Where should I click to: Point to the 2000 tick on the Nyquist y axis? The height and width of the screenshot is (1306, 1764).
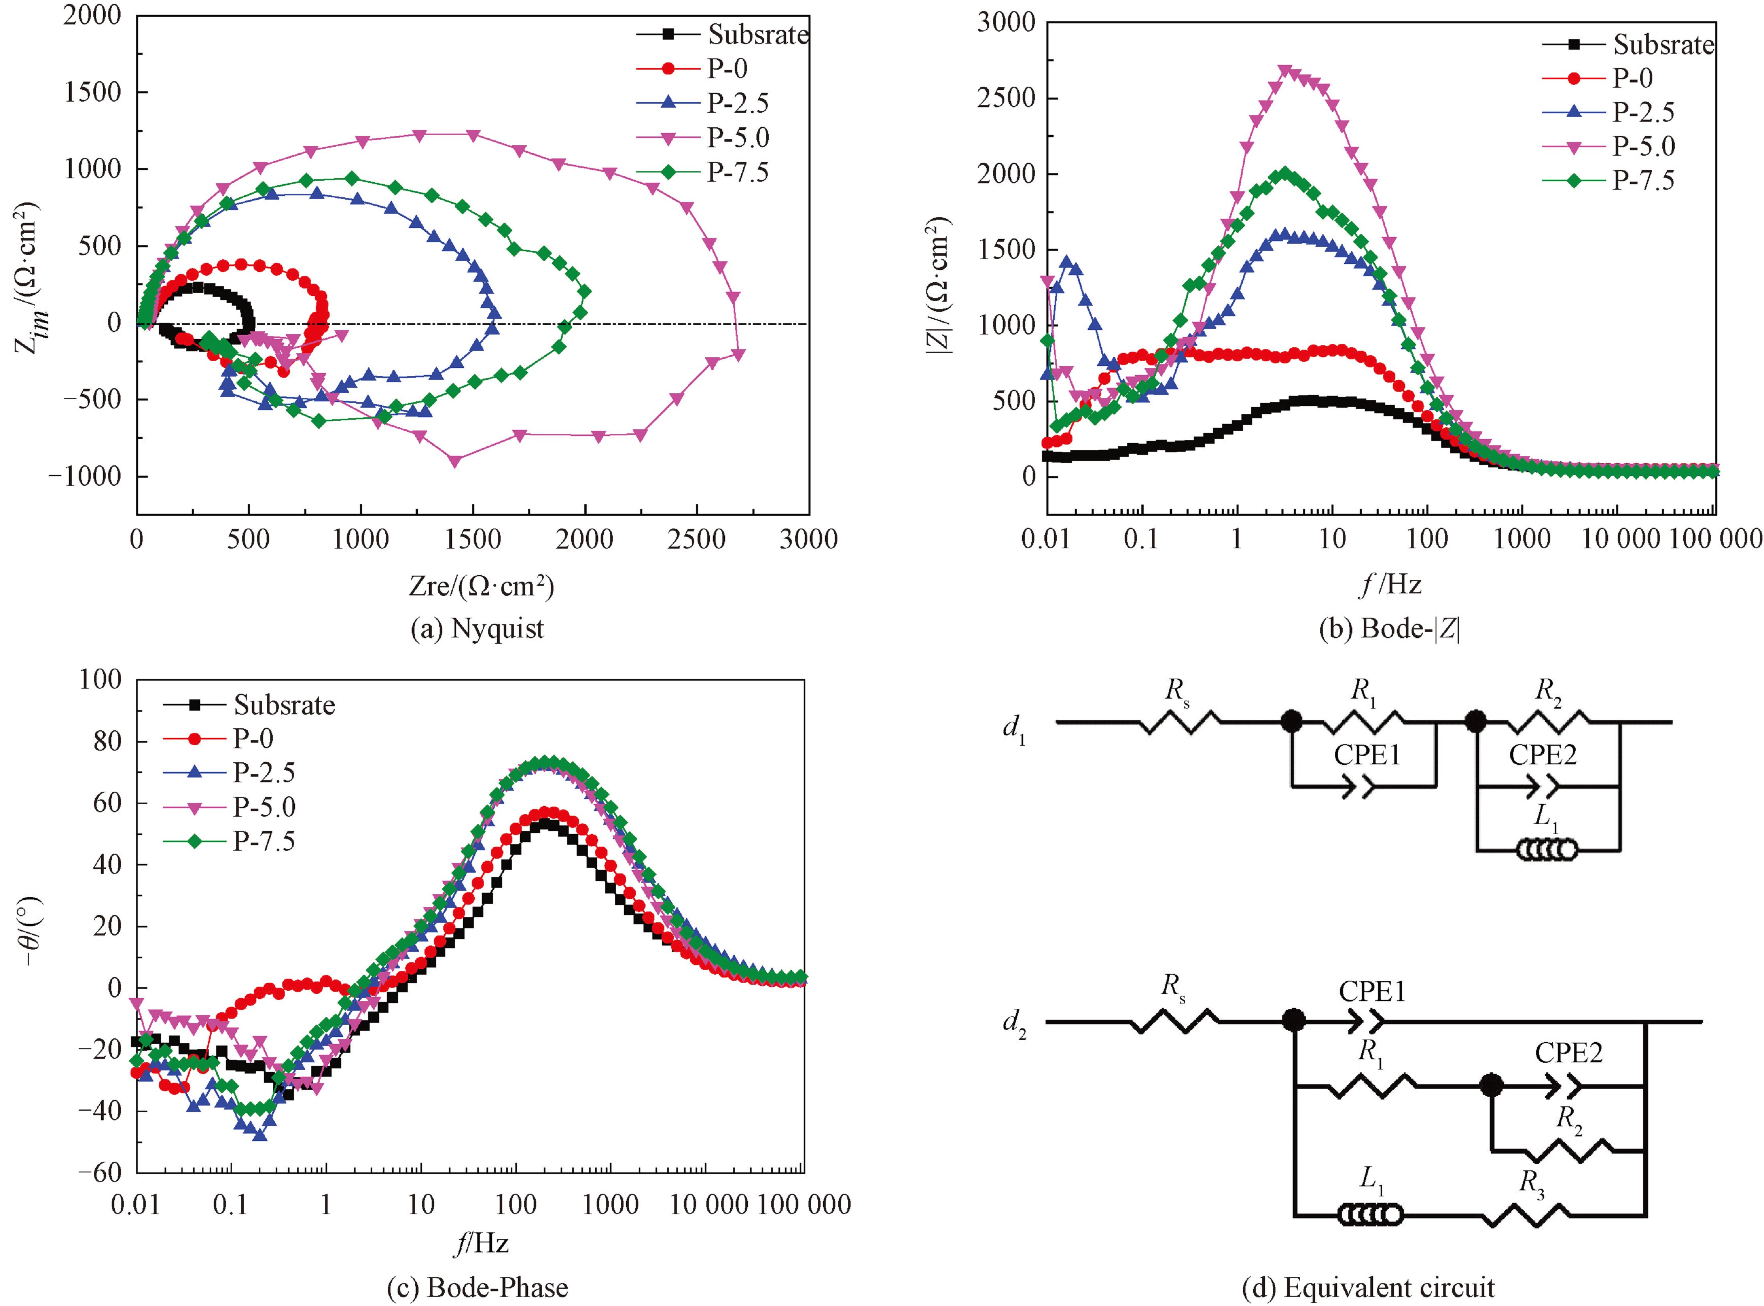93,16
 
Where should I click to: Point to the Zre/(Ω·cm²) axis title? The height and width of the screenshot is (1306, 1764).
481,586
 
